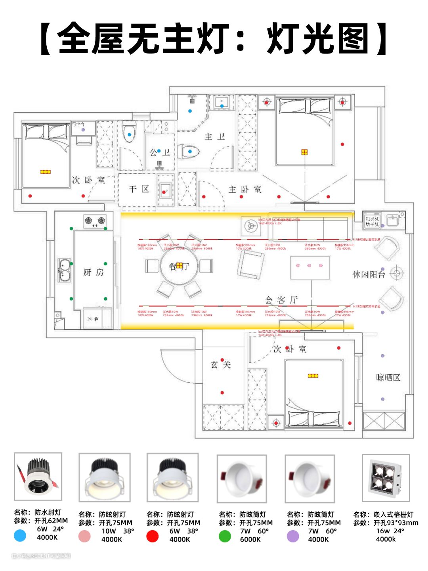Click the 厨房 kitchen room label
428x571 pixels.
[x=93, y=272]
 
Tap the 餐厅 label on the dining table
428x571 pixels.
[x=179, y=266]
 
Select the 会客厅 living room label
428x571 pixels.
[x=281, y=300]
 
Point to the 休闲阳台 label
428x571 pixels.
[x=369, y=274]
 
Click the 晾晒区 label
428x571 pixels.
[x=388, y=377]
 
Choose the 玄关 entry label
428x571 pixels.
[x=220, y=364]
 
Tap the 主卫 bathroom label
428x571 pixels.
[x=214, y=137]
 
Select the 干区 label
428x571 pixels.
[x=139, y=189]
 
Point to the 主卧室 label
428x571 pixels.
[x=245, y=190]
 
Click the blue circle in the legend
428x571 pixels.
[x=20, y=535]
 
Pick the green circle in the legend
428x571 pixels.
[x=225, y=536]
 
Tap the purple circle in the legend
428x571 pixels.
[x=292, y=536]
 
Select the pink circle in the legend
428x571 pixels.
[x=84, y=536]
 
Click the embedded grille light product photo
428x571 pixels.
[x=386, y=478]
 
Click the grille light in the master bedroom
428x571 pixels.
[x=304, y=152]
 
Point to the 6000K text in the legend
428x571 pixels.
[x=250, y=539]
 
